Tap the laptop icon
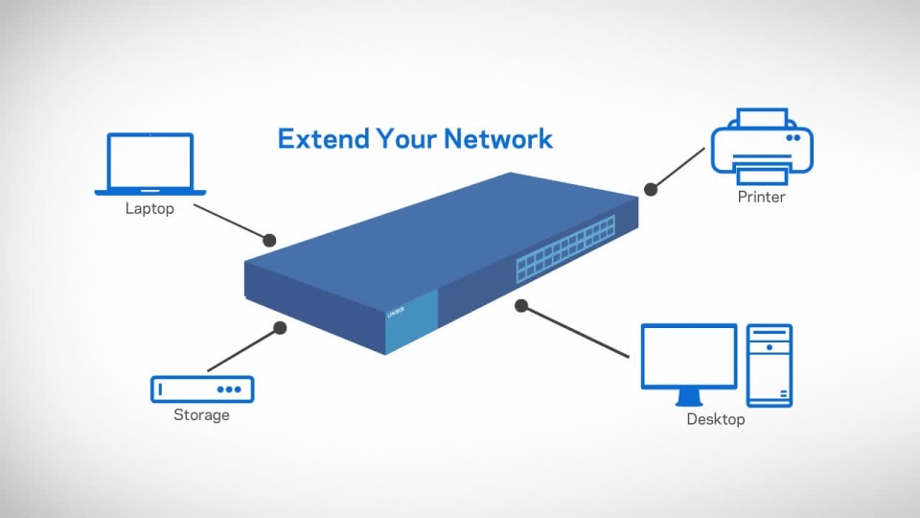coord(149,164)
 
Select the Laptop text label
coord(149,208)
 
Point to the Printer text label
coord(762,198)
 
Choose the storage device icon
coord(202,388)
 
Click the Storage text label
coord(201,415)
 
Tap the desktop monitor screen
coord(688,356)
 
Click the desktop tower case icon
coord(770,365)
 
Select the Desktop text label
coord(715,419)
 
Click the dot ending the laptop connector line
coord(269,239)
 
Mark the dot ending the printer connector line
coord(651,190)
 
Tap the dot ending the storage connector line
coord(280,327)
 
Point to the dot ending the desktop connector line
coord(521,306)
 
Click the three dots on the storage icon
coord(229,389)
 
